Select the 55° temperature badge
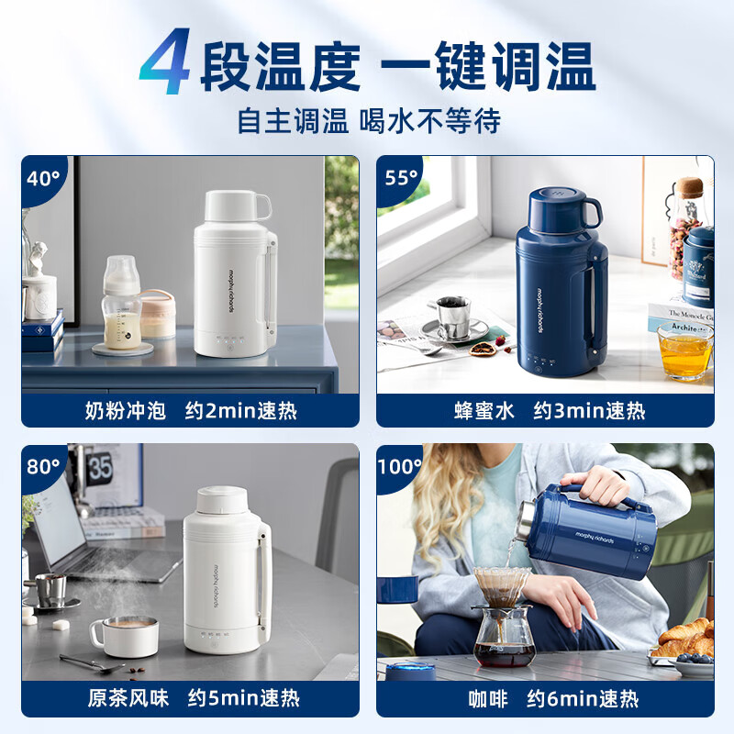tap(401, 177)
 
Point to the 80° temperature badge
tap(42, 465)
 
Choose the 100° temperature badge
tap(400, 465)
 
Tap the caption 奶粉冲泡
tap(125, 411)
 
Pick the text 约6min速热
tap(608, 699)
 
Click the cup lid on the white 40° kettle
tap(236, 206)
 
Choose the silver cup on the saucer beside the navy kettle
tap(452, 317)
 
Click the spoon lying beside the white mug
tap(91, 663)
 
